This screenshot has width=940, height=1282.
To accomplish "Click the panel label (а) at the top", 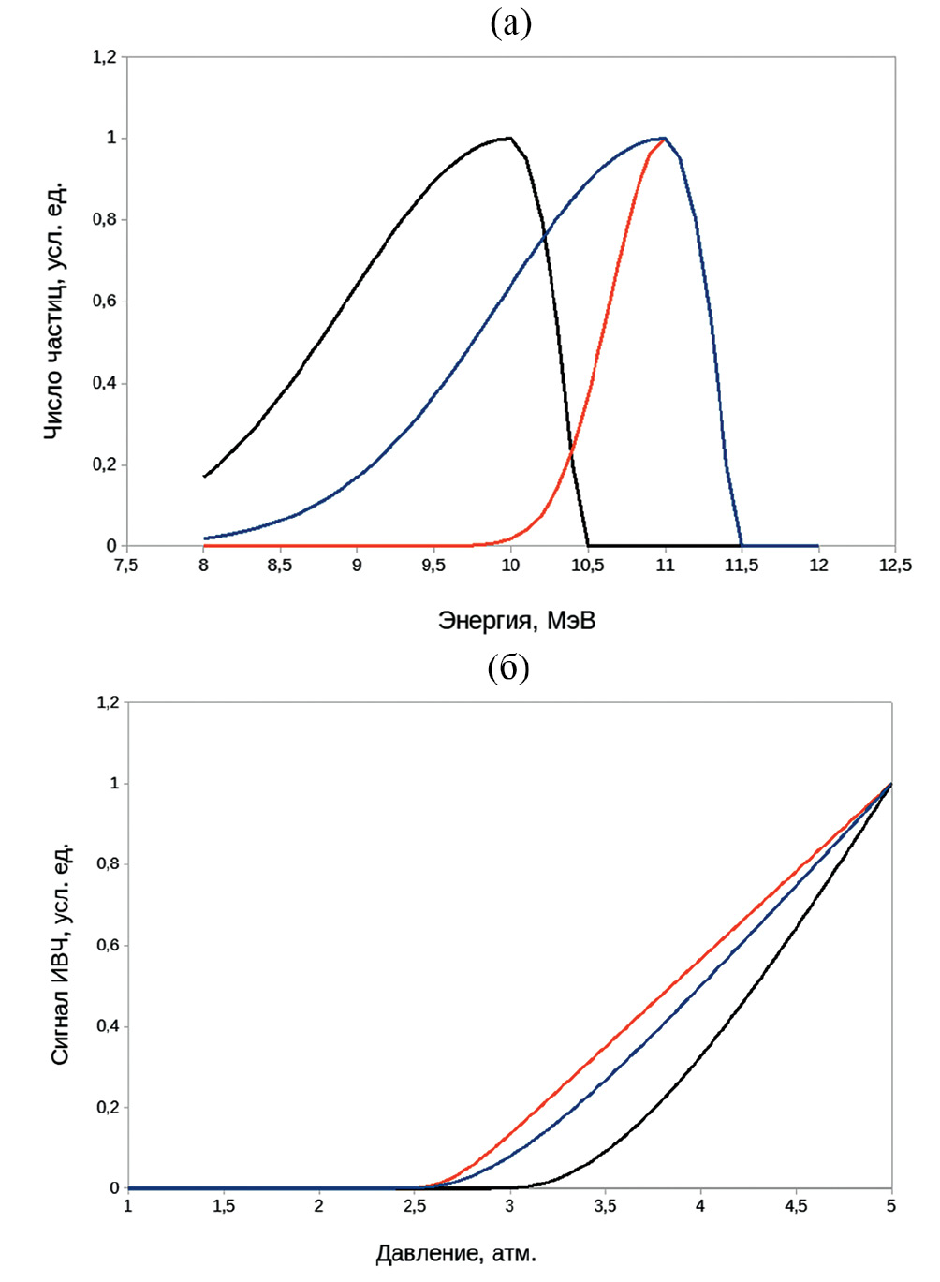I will coord(510,22).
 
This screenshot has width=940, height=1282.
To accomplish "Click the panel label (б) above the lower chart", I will coord(508,668).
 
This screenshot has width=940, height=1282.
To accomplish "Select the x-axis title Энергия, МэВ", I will coord(516,621).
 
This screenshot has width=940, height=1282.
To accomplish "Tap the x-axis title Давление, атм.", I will coord(456,1254).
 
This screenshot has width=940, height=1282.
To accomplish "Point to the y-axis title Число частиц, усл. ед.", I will coord(55,310).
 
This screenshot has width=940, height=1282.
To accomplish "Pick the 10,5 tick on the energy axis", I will coord(587,566).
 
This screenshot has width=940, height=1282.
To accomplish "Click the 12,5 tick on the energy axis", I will coord(895,566).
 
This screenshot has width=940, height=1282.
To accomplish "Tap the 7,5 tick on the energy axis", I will coord(125,566).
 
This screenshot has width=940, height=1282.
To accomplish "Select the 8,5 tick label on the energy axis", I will coord(279,566).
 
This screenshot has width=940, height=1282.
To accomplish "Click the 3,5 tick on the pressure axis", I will coord(605,1207).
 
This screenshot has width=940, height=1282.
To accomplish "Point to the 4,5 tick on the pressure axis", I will coord(796,1207).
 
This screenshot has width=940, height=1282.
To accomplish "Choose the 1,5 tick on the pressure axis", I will coord(224,1207).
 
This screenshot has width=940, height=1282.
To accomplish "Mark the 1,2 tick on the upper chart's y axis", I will coord(104,57).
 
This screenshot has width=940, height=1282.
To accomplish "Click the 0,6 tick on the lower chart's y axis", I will coord(109,946).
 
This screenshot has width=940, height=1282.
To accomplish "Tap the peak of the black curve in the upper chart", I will coord(509,138).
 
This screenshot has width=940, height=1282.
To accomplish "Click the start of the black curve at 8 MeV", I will coord(204,477).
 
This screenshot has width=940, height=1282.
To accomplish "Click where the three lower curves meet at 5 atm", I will coord(890,784).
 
